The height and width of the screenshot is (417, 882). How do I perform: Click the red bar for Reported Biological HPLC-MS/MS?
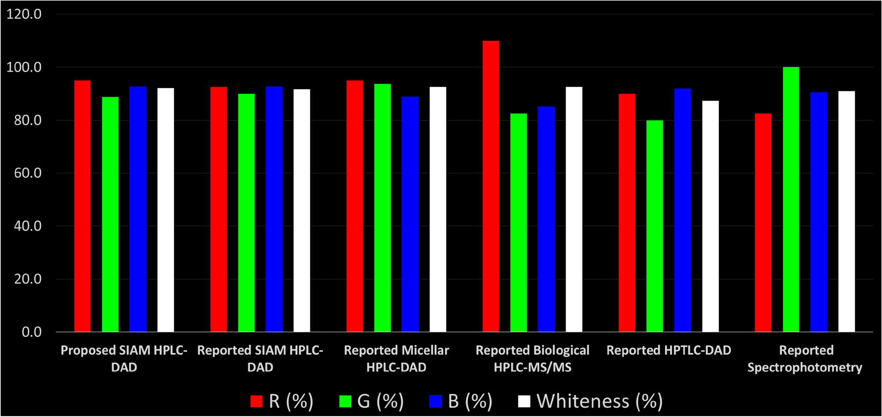(491, 186)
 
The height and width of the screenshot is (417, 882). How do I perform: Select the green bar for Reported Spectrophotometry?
(791, 199)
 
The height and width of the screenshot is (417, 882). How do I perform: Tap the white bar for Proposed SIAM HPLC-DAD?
(166, 210)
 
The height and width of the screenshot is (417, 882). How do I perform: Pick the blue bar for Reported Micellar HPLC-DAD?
(410, 214)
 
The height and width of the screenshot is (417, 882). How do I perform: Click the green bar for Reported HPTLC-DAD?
(654, 226)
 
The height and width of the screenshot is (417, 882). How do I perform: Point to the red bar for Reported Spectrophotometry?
(763, 223)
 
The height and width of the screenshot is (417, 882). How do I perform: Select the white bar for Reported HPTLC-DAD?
(710, 216)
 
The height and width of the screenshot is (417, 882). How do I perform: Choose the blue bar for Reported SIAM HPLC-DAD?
(274, 209)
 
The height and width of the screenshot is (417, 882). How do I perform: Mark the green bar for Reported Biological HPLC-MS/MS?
(519, 223)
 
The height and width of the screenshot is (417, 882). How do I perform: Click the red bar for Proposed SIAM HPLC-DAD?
(82, 206)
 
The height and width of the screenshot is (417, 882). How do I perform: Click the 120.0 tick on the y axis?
(24, 14)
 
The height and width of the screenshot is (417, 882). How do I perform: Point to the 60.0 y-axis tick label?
(28, 173)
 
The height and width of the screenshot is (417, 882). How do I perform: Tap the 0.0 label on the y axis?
(32, 332)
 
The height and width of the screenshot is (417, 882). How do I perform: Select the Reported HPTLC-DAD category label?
(668, 350)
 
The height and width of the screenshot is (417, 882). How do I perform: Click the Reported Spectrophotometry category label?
(805, 359)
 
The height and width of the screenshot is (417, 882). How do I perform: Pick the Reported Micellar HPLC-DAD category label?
(396, 359)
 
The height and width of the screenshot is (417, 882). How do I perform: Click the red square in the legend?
(256, 401)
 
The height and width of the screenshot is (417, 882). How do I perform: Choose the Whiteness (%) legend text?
(599, 401)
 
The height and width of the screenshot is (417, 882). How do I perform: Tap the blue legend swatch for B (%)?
(435, 401)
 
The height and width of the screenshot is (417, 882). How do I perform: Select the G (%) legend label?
(381, 401)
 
